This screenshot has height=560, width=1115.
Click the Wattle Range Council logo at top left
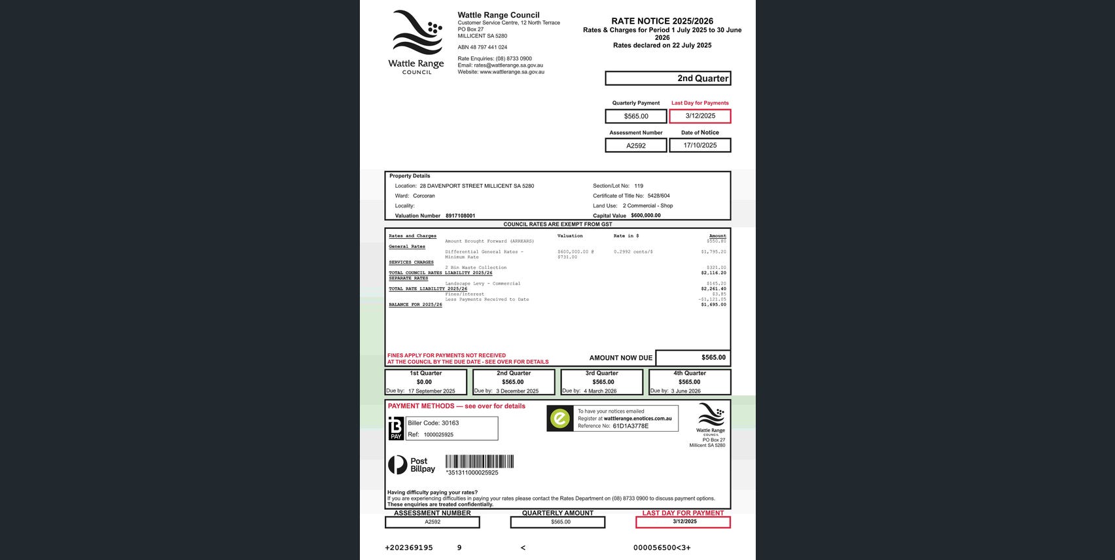click(x=416, y=41)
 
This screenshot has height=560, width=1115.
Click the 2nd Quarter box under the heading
click(x=667, y=79)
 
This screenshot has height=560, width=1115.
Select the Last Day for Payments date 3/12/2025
click(x=700, y=116)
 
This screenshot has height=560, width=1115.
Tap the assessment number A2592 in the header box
click(x=636, y=146)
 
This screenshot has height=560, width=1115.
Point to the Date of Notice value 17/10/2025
click(x=700, y=145)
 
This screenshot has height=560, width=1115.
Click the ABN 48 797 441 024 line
click(x=482, y=47)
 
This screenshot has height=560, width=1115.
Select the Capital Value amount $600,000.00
click(x=645, y=215)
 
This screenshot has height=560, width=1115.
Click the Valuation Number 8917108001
click(x=460, y=216)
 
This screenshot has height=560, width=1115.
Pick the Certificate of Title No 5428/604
click(x=658, y=196)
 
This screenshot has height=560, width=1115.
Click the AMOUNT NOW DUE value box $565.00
click(x=693, y=358)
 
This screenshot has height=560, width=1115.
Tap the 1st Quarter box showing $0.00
click(x=425, y=382)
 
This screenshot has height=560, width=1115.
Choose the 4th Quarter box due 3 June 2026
click(x=689, y=382)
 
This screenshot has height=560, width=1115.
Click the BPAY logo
click(x=396, y=429)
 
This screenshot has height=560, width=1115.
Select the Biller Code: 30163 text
click(x=433, y=423)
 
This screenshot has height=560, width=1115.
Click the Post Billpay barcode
click(x=479, y=461)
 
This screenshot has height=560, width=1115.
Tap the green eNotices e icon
click(x=560, y=419)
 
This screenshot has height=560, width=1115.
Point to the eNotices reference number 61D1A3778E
click(x=630, y=426)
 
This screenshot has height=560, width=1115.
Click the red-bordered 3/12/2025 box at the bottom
click(x=683, y=522)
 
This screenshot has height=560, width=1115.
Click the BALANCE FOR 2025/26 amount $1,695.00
click(x=713, y=305)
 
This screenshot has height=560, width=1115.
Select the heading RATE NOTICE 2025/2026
click(x=662, y=21)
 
